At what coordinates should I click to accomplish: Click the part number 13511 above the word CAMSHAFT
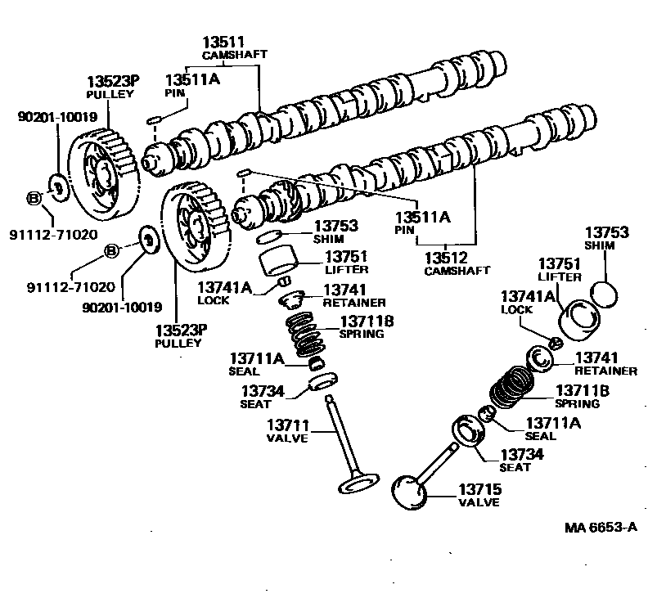(x=223, y=43)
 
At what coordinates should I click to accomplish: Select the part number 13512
(x=445, y=257)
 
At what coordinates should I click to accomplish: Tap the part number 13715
(x=479, y=489)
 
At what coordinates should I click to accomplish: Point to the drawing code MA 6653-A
(x=600, y=528)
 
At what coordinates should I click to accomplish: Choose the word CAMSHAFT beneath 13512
(x=457, y=270)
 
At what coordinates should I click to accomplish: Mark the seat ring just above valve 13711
(x=323, y=382)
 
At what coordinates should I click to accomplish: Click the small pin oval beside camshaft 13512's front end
(x=242, y=173)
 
